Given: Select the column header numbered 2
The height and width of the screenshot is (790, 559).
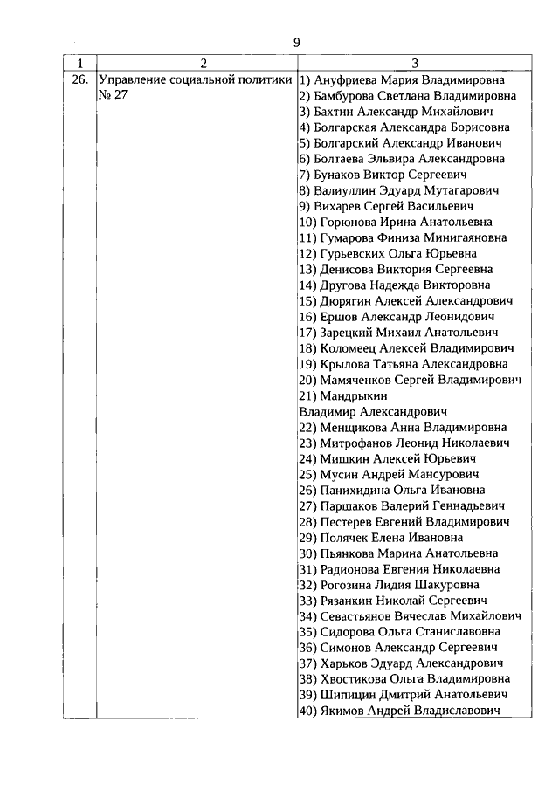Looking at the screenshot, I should tap(203, 63).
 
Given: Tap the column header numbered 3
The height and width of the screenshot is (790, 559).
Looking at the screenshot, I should tap(415, 63).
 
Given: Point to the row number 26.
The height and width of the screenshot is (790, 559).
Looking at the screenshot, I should tap(79, 80).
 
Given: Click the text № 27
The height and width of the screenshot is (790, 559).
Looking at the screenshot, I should tap(113, 96).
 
